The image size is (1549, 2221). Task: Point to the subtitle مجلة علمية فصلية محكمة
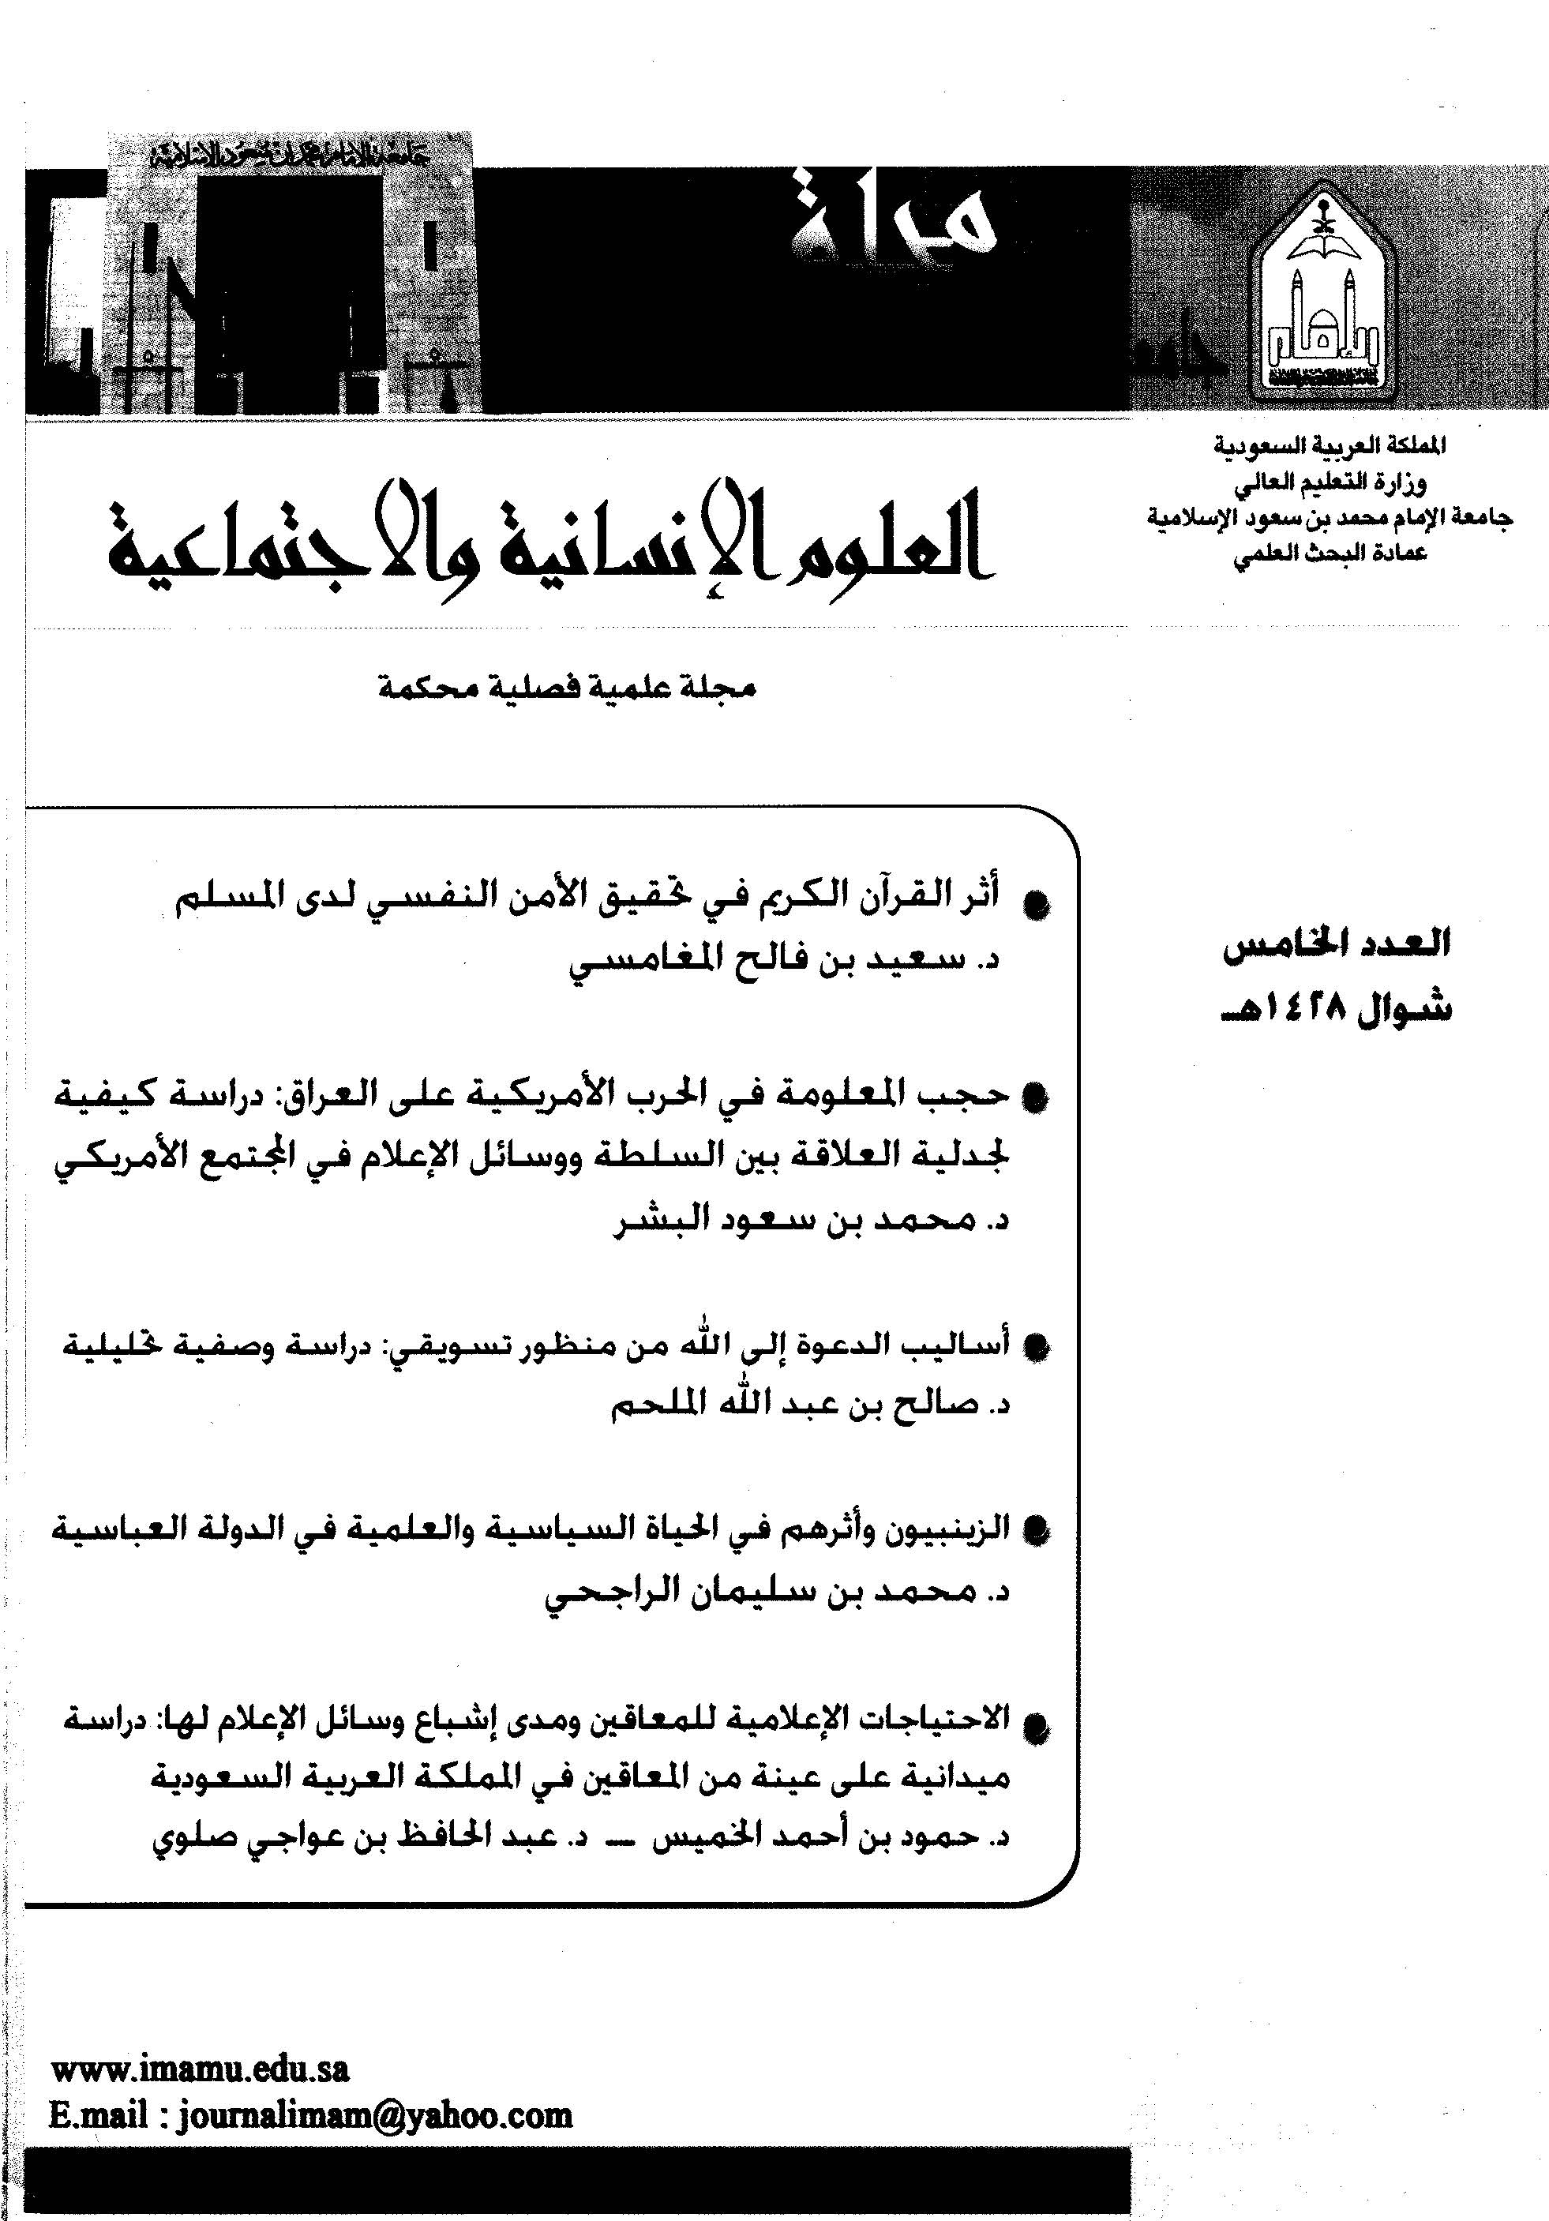click(566, 688)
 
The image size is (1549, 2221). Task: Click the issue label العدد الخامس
click(1336, 944)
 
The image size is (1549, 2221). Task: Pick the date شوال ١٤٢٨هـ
click(1336, 1009)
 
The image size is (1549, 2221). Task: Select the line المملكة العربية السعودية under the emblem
click(1330, 447)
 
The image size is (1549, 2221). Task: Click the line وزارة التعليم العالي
click(1330, 482)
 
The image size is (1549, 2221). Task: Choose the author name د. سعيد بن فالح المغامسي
click(784, 962)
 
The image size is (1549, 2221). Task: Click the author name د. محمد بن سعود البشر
click(812, 1221)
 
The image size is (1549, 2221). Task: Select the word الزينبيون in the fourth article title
click(952, 1529)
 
